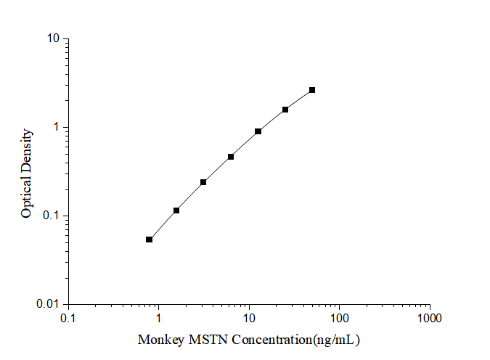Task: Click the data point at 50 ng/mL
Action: [312, 90]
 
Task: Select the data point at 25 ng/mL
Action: [285, 110]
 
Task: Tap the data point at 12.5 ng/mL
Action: [258, 131]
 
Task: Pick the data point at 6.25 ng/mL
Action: [231, 157]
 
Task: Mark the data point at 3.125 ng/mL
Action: [203, 182]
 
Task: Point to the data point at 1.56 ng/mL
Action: [176, 210]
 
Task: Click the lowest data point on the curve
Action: [149, 240]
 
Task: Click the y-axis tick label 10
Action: [53, 38]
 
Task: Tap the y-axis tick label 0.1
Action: [51, 216]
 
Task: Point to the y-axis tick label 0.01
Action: [48, 304]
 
